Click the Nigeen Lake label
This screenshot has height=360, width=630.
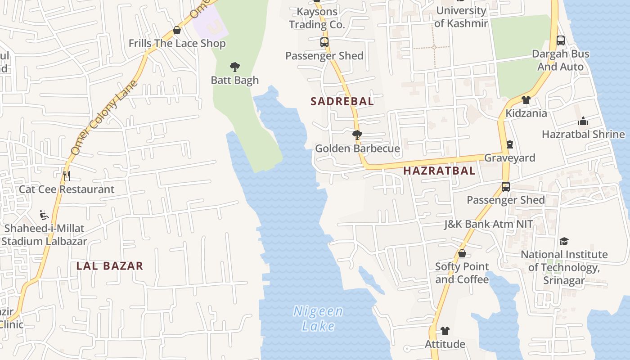click(318, 318)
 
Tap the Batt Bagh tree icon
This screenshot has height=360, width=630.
click(234, 67)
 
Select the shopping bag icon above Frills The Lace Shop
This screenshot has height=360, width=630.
click(177, 31)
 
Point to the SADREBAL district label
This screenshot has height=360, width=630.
click(342, 101)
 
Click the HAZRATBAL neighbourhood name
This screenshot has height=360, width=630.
click(439, 171)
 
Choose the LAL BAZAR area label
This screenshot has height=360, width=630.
click(110, 266)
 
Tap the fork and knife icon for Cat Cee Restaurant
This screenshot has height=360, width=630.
click(67, 176)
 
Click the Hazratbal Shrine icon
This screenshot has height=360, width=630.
click(583, 121)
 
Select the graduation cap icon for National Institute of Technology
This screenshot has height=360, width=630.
click(564, 242)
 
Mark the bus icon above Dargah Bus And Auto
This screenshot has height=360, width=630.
click(560, 40)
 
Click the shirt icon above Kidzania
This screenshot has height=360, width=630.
click(526, 100)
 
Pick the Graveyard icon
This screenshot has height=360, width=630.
click(509, 144)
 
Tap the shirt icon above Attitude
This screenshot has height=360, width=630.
click(445, 331)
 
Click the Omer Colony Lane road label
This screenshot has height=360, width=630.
click(104, 118)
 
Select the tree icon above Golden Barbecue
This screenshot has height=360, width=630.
click(357, 135)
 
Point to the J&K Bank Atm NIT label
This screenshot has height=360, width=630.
click(488, 224)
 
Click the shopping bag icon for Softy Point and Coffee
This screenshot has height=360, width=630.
click(462, 254)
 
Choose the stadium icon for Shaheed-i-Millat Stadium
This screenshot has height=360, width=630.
click(44, 215)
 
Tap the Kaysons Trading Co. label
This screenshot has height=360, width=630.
click(317, 18)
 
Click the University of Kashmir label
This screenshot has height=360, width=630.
click(461, 17)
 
